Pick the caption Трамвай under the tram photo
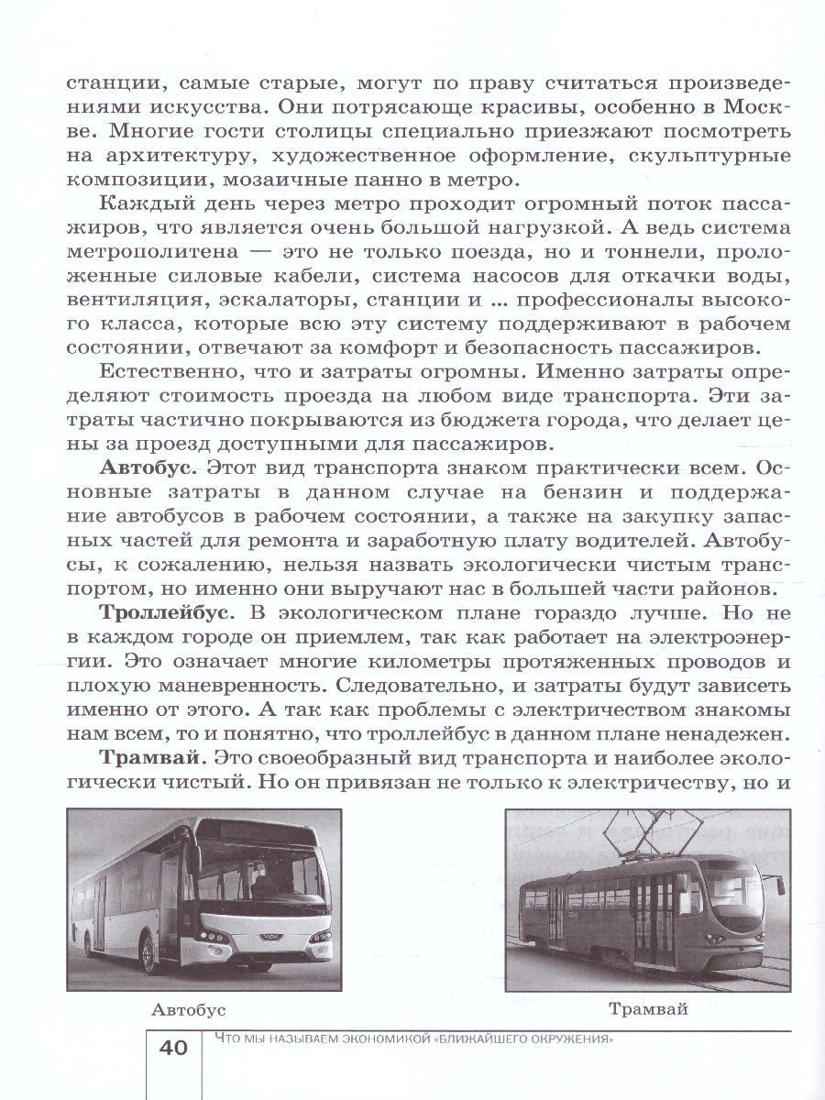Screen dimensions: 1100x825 [646, 1009]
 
